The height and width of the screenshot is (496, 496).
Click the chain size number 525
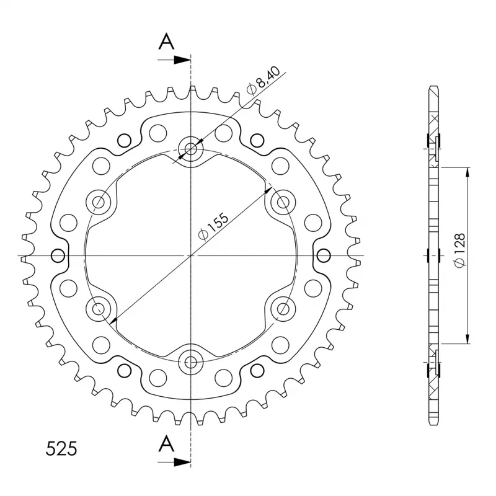click(x=61, y=448)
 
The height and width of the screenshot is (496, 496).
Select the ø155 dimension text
click(x=213, y=226)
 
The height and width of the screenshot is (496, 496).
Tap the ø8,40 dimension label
click(x=263, y=81)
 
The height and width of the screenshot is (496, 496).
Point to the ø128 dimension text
click(x=459, y=250)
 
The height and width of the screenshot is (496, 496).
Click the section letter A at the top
click(x=166, y=42)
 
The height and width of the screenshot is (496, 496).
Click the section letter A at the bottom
click(x=166, y=443)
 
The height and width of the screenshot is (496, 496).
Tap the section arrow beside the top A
click(x=174, y=60)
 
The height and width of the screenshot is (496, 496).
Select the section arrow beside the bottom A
click(x=174, y=462)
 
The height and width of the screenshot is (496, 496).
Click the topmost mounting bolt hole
click(x=190, y=148)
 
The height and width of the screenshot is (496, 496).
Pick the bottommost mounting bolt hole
click(x=190, y=362)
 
